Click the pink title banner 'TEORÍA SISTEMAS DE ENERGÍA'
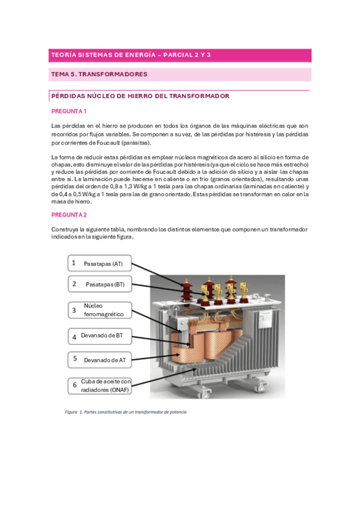[180, 55]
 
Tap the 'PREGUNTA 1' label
[69, 111]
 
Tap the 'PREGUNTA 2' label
[69, 215]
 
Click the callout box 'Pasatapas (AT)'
[100, 263]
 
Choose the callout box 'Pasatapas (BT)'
[100, 284]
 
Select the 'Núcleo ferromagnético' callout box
[100, 310]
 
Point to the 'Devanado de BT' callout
[100, 336]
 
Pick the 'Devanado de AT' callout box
[100, 360]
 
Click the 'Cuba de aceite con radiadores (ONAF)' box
[100, 386]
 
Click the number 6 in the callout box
[75, 385]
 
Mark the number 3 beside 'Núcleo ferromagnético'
[74, 310]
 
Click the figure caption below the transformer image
[126, 412]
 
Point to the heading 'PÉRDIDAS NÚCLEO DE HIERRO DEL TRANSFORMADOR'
[141, 96]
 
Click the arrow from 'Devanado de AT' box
[156, 357]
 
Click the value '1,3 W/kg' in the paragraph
[133, 186]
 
